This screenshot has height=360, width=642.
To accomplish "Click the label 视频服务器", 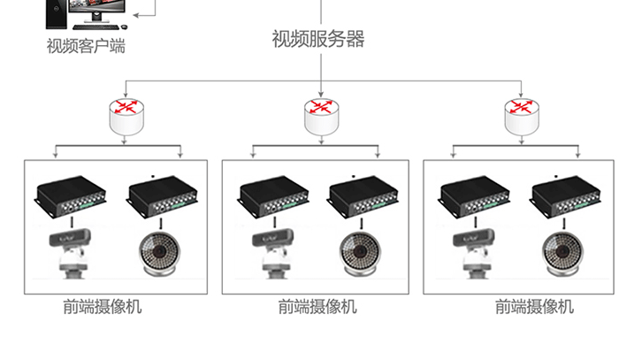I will (318, 39).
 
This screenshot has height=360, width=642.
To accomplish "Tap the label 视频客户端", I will (86, 45).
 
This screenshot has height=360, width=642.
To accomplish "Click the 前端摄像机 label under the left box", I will (102, 307).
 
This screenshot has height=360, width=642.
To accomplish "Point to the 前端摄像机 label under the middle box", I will (317, 307).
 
